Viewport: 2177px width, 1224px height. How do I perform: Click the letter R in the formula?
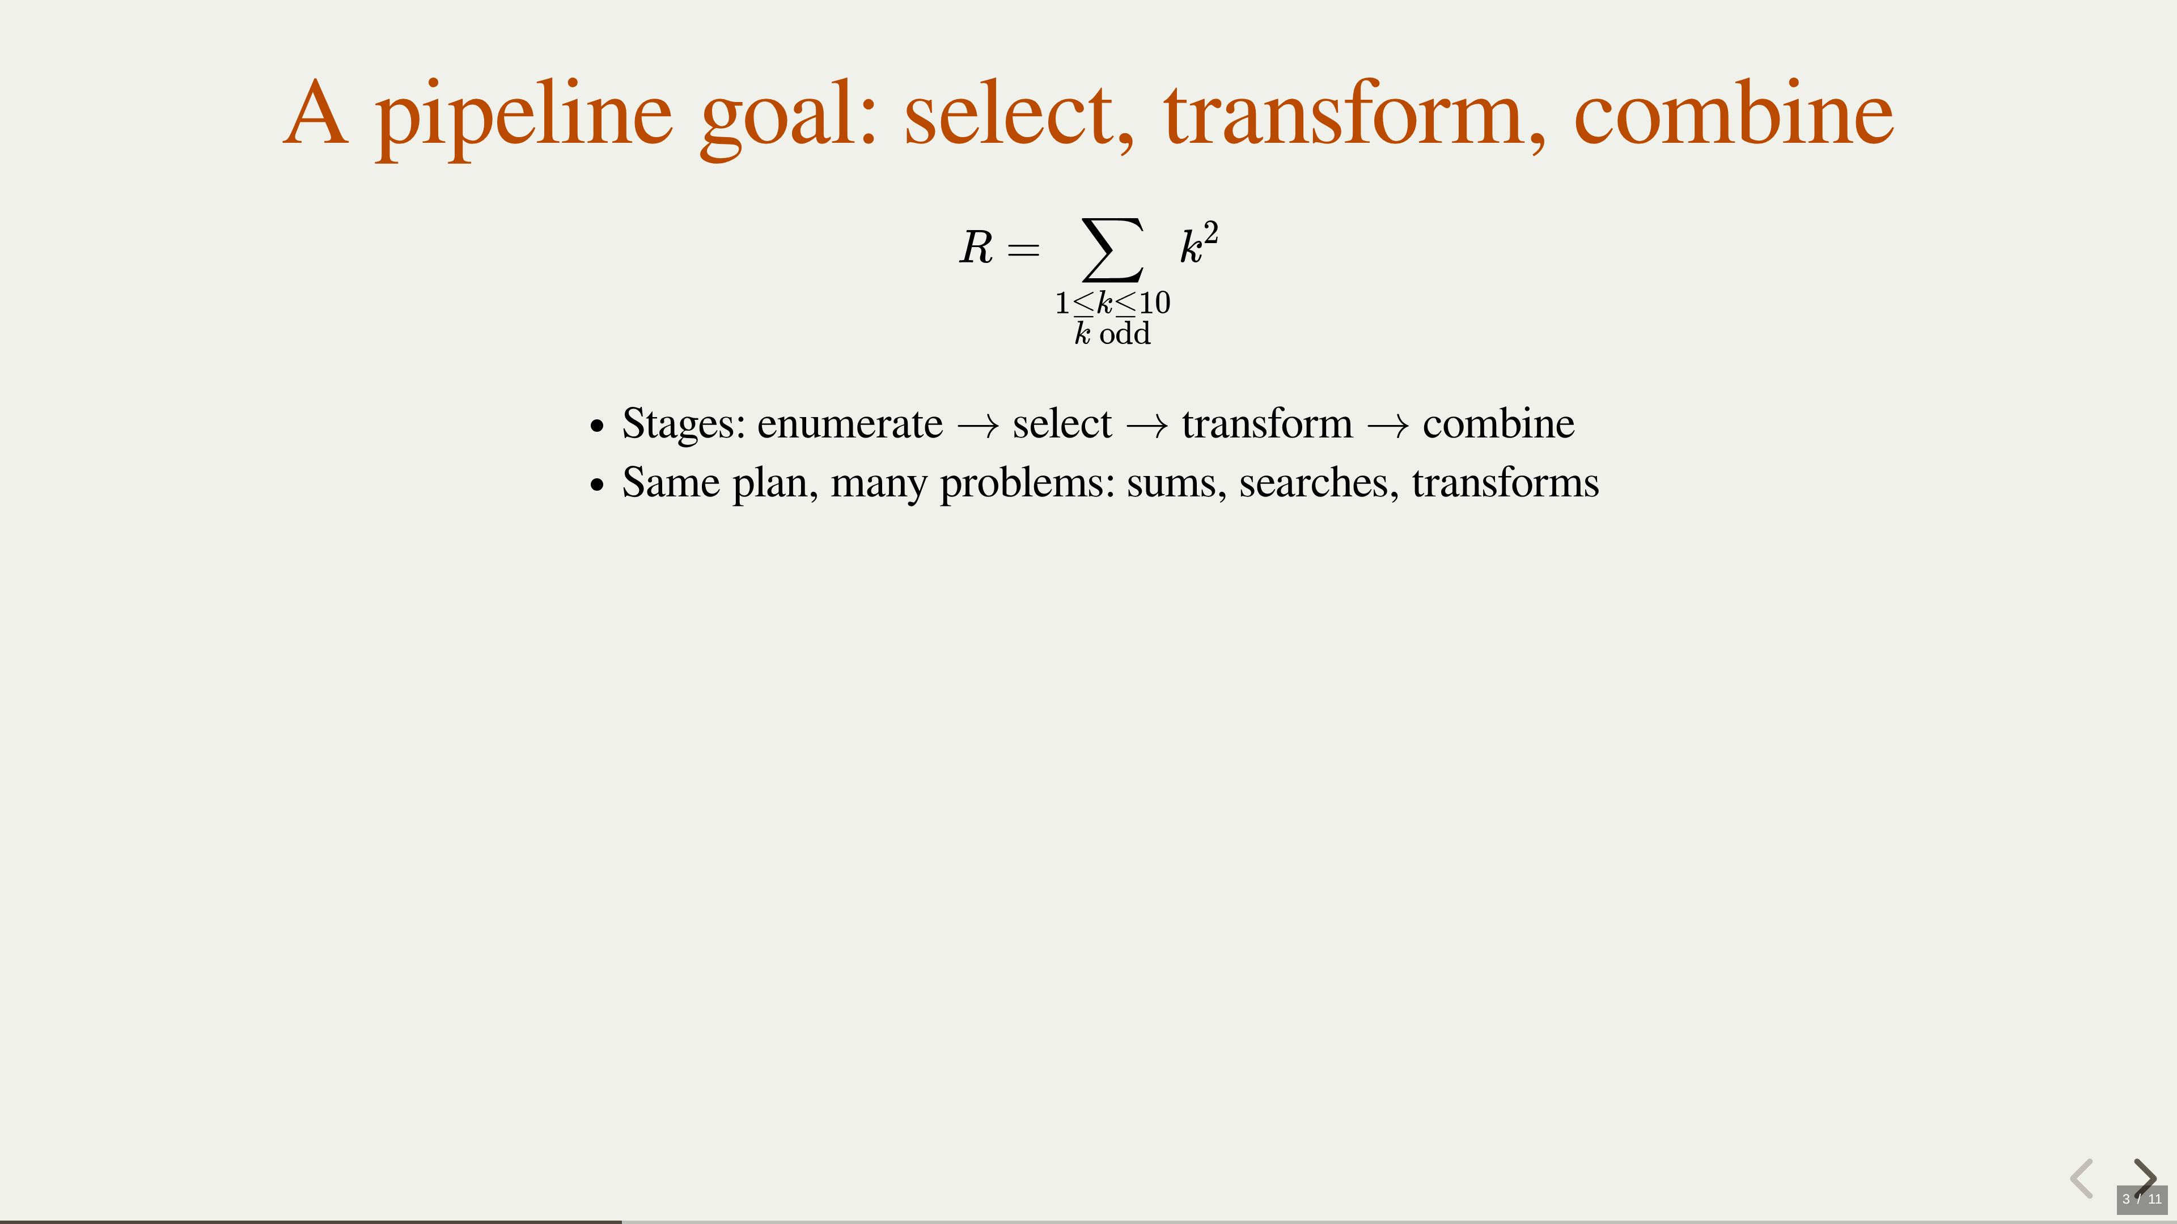point(976,248)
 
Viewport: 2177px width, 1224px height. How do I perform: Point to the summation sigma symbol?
point(1113,249)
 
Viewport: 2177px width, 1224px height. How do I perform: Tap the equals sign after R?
point(1023,249)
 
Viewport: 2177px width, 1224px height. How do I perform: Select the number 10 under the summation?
point(1154,303)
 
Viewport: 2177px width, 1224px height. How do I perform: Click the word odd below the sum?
point(1125,334)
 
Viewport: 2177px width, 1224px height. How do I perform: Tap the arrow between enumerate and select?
point(978,426)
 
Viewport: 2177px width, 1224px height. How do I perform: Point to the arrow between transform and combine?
point(1388,426)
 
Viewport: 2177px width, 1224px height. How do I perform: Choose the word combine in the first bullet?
point(1498,423)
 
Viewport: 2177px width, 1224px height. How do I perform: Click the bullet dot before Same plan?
point(598,486)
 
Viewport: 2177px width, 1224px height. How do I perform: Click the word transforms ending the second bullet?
point(1505,483)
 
